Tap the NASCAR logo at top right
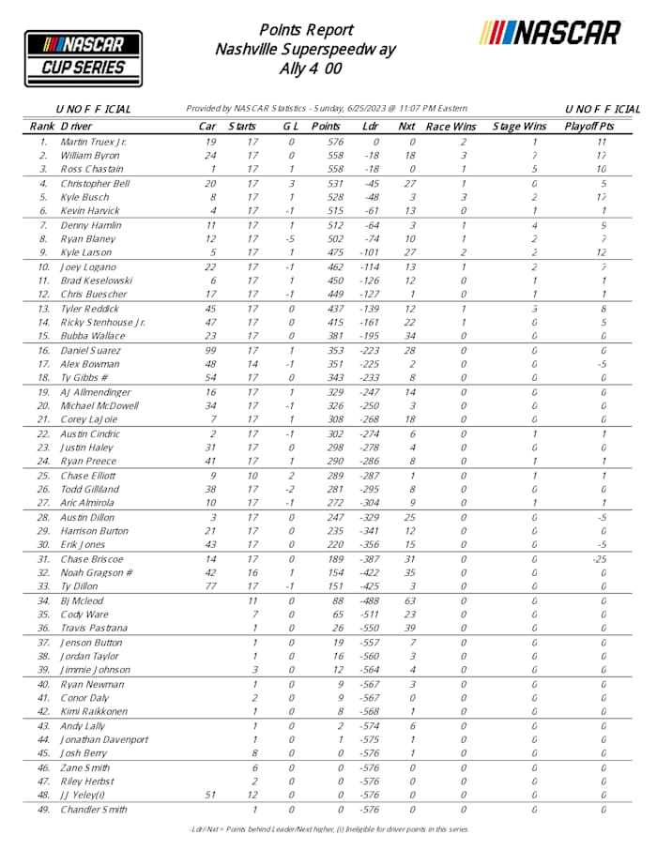(550, 33)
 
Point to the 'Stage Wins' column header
(519, 126)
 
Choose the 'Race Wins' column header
(451, 126)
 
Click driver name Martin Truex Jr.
(95, 142)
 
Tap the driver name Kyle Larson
(87, 252)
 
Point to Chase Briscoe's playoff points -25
(603, 559)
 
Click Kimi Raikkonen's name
(94, 711)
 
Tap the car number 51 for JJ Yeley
(211, 795)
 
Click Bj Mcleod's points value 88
(326, 600)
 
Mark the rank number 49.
(43, 809)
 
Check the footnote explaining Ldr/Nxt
(328, 829)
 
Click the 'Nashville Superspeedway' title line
(305, 49)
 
